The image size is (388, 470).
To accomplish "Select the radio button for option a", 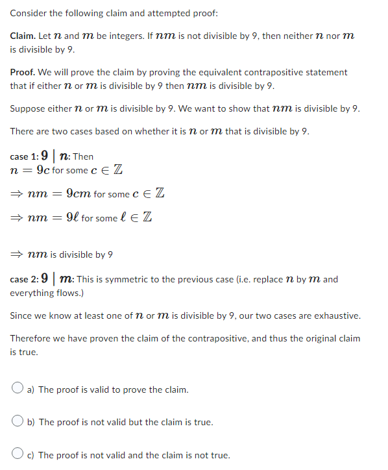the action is [x=19, y=390].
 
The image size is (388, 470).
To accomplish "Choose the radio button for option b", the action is [x=19, y=422].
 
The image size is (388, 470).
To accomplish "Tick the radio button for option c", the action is [x=19, y=454].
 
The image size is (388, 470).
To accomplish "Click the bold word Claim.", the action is [x=23, y=36].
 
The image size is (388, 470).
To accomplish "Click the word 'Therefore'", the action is [x=31, y=338].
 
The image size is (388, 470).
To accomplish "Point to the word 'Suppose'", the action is [x=27, y=108].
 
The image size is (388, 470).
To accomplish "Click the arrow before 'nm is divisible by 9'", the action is [x=15, y=254].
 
